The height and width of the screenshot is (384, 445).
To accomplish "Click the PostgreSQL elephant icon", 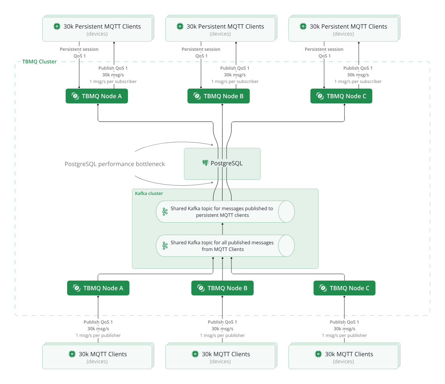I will (x=205, y=163).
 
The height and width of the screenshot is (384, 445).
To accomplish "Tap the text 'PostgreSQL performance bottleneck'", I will (x=115, y=164).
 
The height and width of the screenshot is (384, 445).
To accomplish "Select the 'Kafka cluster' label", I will (x=149, y=193).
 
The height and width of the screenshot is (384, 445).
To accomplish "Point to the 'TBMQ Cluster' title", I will (x=39, y=62).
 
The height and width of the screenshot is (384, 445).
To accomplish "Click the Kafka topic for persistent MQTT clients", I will (x=225, y=212).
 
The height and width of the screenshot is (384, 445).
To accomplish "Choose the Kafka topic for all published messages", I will (x=225, y=246).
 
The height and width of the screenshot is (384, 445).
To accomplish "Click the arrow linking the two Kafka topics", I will (x=222, y=229).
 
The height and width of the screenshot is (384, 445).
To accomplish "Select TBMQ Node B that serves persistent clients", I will (x=218, y=96).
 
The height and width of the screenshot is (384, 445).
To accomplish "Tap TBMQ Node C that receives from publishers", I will (x=344, y=288).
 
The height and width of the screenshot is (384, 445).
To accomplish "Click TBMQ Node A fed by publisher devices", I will (x=98, y=288).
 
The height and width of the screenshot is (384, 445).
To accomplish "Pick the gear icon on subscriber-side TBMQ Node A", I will (x=75, y=96).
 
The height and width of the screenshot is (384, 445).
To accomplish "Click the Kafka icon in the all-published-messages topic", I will (x=165, y=246).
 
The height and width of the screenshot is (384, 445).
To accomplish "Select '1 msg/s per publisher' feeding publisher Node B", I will (x=222, y=335).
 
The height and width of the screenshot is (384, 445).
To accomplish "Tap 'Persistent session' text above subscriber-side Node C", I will (x=324, y=49).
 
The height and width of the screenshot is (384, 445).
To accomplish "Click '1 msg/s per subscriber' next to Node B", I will (x=235, y=82).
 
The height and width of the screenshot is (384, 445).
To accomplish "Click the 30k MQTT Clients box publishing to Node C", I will (x=344, y=357).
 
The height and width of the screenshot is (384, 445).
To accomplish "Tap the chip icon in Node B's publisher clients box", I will (x=195, y=354).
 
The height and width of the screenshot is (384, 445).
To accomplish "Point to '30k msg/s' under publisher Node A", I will (x=98, y=329).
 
